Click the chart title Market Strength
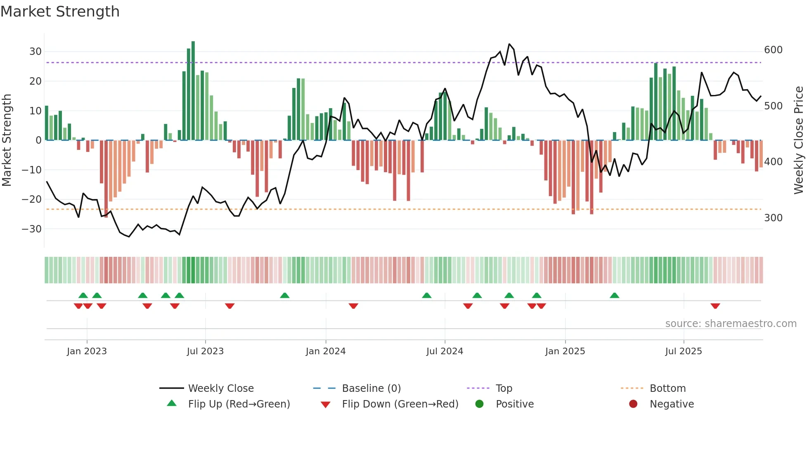click(x=60, y=12)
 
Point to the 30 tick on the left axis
click(x=35, y=52)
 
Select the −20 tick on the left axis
click(x=32, y=199)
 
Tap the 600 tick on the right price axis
click(x=773, y=50)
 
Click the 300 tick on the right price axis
click(x=773, y=218)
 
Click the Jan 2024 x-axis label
click(x=325, y=351)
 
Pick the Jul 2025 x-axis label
click(x=683, y=351)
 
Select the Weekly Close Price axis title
click(x=799, y=140)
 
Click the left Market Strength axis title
click(x=7, y=140)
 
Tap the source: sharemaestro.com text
click(x=731, y=324)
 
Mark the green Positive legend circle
click(x=479, y=404)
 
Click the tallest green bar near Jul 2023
click(x=193, y=91)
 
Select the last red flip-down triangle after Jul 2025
click(x=715, y=306)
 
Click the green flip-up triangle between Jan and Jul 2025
click(x=614, y=295)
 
